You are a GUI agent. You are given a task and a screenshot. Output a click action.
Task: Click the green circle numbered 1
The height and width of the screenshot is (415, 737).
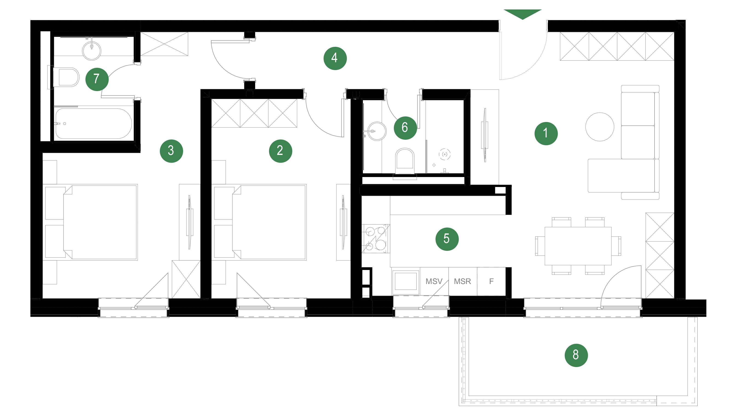[546, 133]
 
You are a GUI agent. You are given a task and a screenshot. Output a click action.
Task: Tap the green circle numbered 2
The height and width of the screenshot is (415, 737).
[280, 151]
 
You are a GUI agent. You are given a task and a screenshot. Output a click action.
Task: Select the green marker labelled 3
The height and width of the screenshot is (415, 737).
[171, 151]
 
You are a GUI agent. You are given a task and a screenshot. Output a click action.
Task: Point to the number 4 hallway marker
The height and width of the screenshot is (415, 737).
[335, 58]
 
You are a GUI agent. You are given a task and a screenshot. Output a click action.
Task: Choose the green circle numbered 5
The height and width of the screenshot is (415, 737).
[447, 239]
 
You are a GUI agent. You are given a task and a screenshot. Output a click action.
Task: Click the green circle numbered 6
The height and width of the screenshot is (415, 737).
[405, 128]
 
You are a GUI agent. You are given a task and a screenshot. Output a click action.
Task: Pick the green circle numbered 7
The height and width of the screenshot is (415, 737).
[97, 79]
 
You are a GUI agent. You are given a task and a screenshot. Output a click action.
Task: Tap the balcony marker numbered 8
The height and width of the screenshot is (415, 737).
[576, 355]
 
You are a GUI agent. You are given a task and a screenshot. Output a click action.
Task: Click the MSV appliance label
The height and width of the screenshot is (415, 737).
[434, 282]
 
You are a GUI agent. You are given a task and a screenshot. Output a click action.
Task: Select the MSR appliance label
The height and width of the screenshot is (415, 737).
[462, 282]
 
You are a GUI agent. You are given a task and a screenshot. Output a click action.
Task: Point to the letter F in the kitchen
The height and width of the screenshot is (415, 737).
[491, 282]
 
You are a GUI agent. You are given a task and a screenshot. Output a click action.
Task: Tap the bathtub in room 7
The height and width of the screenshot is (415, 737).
[94, 123]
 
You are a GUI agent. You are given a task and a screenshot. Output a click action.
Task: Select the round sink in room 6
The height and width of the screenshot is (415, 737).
[376, 131]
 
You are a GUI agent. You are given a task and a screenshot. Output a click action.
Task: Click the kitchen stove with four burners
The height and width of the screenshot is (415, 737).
[376, 238]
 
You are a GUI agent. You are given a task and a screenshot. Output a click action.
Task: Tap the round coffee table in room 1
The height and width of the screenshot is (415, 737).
[600, 127]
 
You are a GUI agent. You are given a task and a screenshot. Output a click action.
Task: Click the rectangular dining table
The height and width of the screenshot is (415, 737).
[578, 246]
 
